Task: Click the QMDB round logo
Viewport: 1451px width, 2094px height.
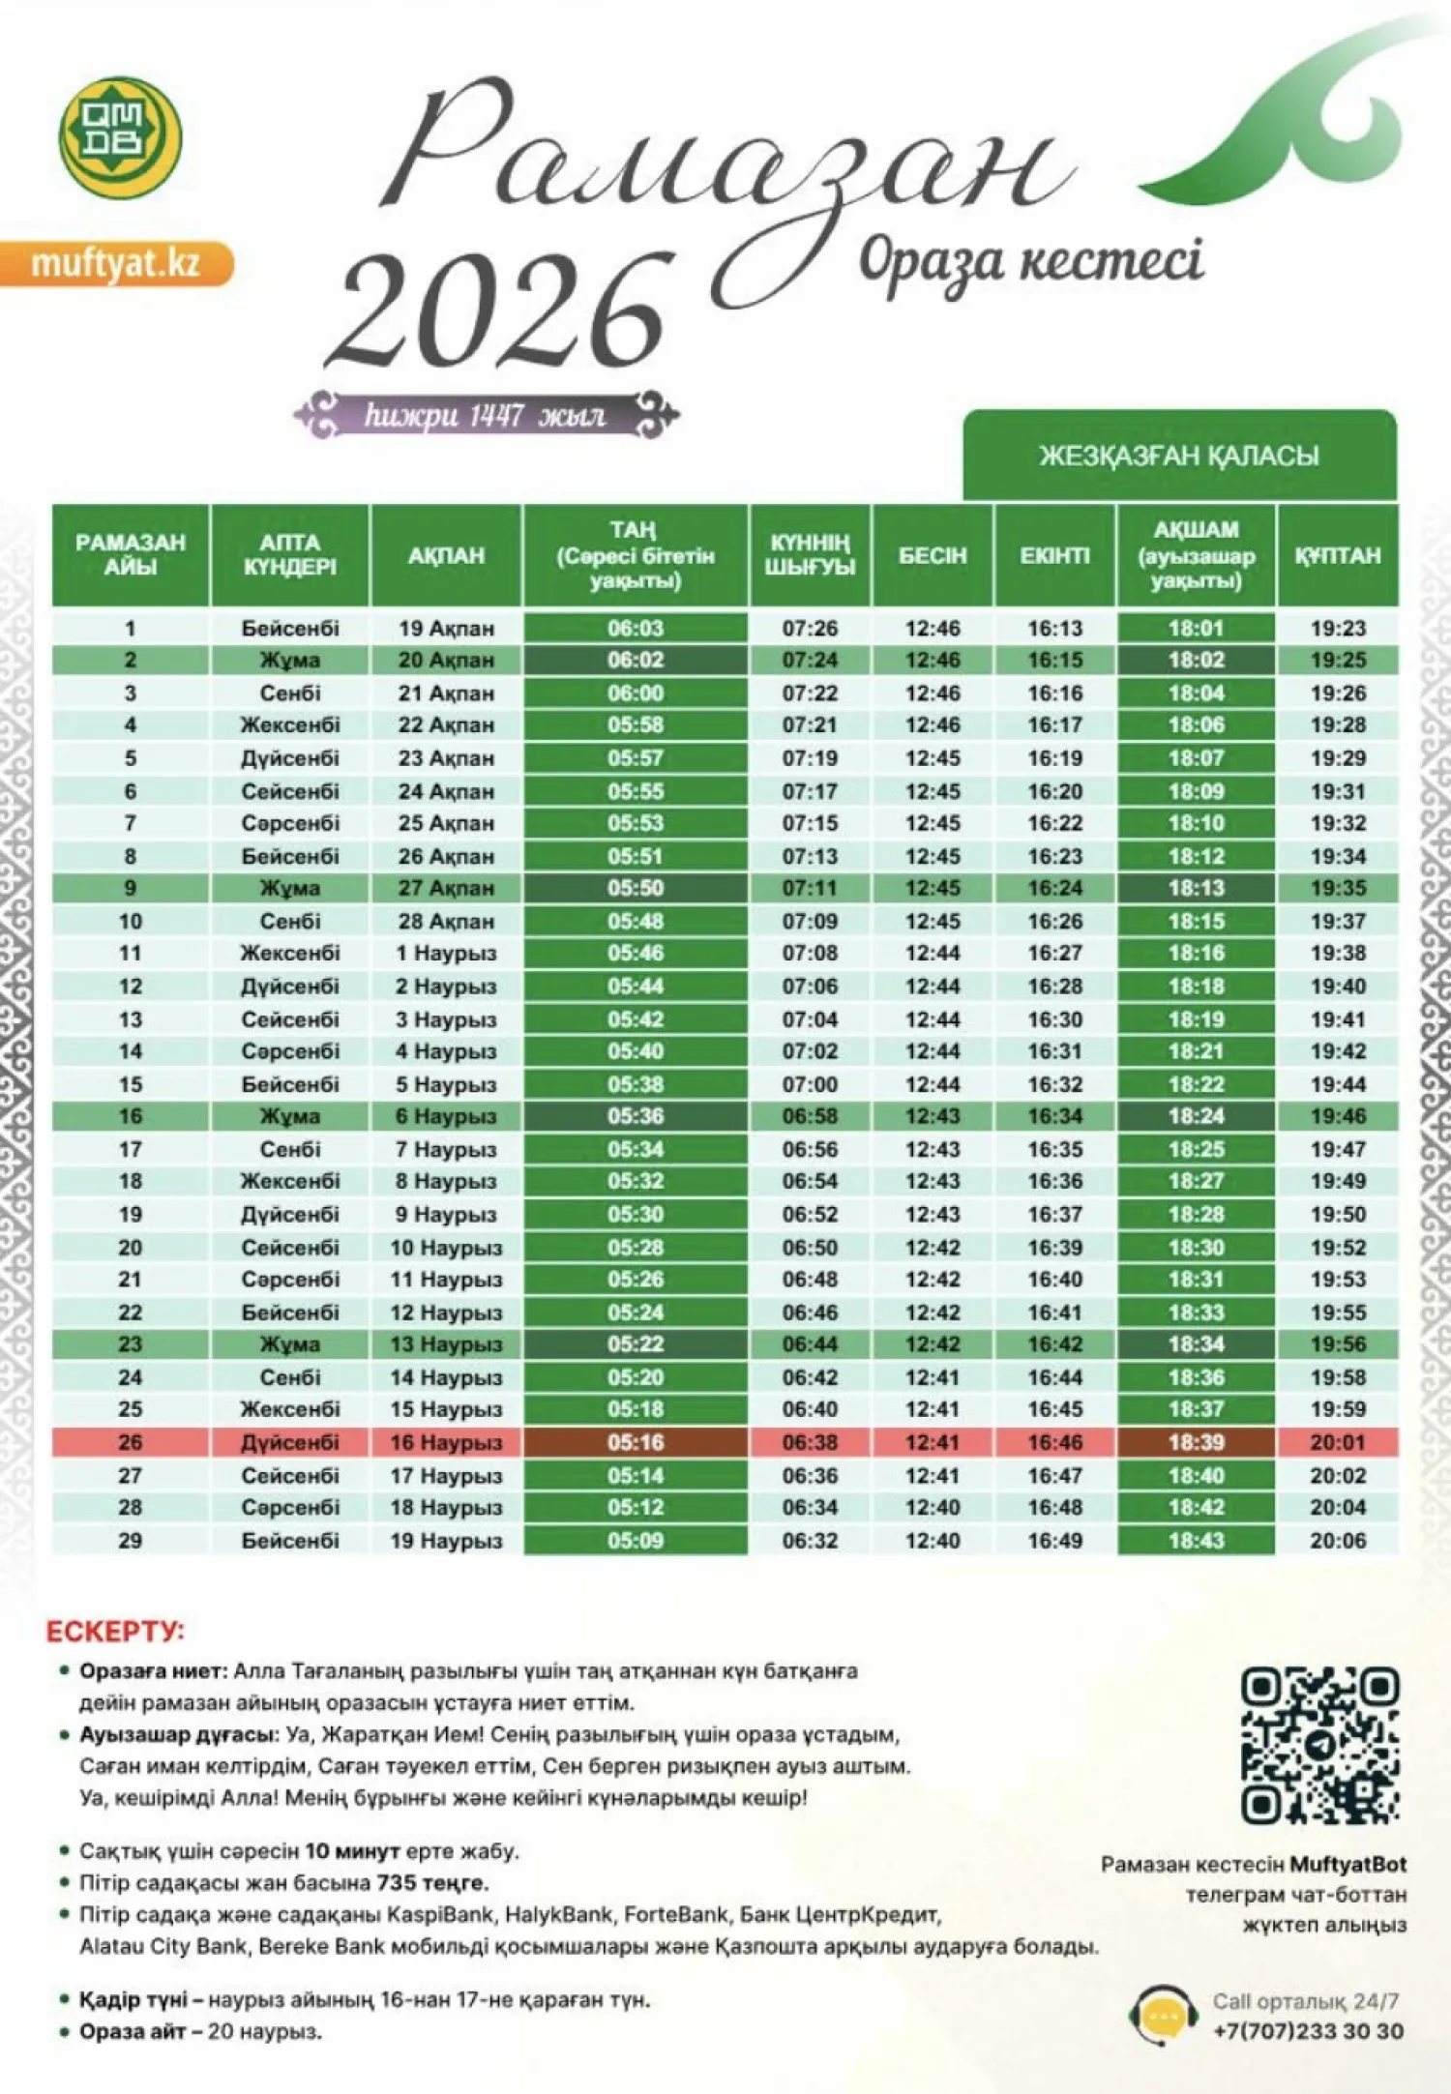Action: point(120,137)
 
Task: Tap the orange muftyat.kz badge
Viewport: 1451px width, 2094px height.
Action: point(116,263)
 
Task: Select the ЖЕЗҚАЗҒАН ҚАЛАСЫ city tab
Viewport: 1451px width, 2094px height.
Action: point(1179,456)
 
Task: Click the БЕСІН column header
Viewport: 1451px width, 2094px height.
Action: point(933,556)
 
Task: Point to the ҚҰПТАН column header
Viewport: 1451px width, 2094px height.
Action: point(1338,556)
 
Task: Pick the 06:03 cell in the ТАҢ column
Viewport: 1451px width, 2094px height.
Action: point(636,629)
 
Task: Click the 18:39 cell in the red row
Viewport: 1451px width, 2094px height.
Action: point(1197,1442)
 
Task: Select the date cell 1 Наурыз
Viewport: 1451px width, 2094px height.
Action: point(446,954)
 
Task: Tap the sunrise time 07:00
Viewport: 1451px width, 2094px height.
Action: point(810,1084)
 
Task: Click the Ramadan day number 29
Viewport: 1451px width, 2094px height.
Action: point(130,1540)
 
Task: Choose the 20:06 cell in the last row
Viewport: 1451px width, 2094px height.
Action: point(1338,1540)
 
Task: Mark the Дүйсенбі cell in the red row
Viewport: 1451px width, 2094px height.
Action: point(290,1442)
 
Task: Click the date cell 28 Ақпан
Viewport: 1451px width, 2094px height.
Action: point(446,921)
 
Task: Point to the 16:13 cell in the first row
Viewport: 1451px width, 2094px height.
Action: point(1054,629)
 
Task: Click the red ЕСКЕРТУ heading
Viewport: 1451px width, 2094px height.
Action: point(115,1632)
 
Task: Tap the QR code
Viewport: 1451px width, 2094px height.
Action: point(1320,1746)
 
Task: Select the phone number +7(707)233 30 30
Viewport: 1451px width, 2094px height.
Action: point(1308,2031)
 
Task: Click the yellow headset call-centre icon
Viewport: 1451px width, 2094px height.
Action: point(1164,2015)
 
